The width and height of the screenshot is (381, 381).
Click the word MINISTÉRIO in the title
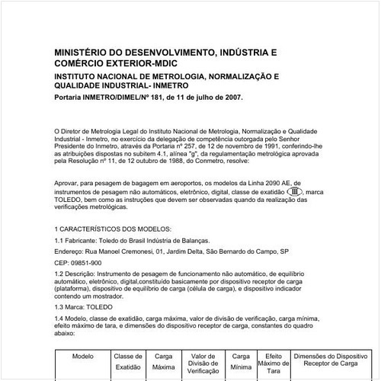85,53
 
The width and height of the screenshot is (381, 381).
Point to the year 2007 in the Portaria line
230,98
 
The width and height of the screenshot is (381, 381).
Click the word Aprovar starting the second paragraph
69,184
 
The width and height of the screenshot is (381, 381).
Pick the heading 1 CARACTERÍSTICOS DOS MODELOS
114,229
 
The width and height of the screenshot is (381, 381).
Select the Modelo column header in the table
82,356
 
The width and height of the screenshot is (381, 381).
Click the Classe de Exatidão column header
128,361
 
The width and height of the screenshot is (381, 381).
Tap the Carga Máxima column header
163,361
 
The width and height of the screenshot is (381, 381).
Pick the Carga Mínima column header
241,361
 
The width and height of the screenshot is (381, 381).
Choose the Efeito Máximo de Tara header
273,363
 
